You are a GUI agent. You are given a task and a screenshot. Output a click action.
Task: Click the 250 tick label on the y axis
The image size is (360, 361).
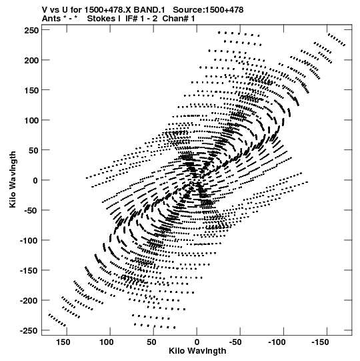[31, 30]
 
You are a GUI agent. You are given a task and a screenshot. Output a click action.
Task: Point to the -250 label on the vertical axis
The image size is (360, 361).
[29, 331]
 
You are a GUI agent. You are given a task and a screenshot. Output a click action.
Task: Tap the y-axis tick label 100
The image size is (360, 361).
[31, 120]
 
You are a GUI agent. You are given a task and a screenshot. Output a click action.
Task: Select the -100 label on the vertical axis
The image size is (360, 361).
[29, 241]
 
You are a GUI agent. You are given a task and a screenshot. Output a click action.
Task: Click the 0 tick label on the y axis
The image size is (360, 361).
[35, 180]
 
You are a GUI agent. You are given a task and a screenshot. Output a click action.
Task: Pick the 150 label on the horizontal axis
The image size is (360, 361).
[63, 342]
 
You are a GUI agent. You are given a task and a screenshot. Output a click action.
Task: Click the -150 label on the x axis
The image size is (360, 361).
[320, 342]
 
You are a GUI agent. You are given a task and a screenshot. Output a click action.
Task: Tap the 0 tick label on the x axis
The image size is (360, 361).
[197, 342]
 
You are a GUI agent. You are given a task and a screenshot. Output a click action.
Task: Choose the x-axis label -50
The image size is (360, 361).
[235, 342]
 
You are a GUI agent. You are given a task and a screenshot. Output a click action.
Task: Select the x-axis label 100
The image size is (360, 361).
[106, 342]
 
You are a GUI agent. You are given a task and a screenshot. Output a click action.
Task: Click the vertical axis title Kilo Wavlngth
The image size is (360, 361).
[13, 179]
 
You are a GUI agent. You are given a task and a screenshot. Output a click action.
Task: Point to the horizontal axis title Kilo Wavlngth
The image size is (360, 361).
[197, 351]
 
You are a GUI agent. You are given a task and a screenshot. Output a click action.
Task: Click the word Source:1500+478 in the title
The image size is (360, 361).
[208, 10]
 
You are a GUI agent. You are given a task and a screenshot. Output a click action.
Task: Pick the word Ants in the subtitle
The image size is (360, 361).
[51, 19]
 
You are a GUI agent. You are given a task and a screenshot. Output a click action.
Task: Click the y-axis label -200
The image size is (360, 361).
[29, 301]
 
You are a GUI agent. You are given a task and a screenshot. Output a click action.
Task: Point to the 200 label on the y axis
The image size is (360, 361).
[31, 60]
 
